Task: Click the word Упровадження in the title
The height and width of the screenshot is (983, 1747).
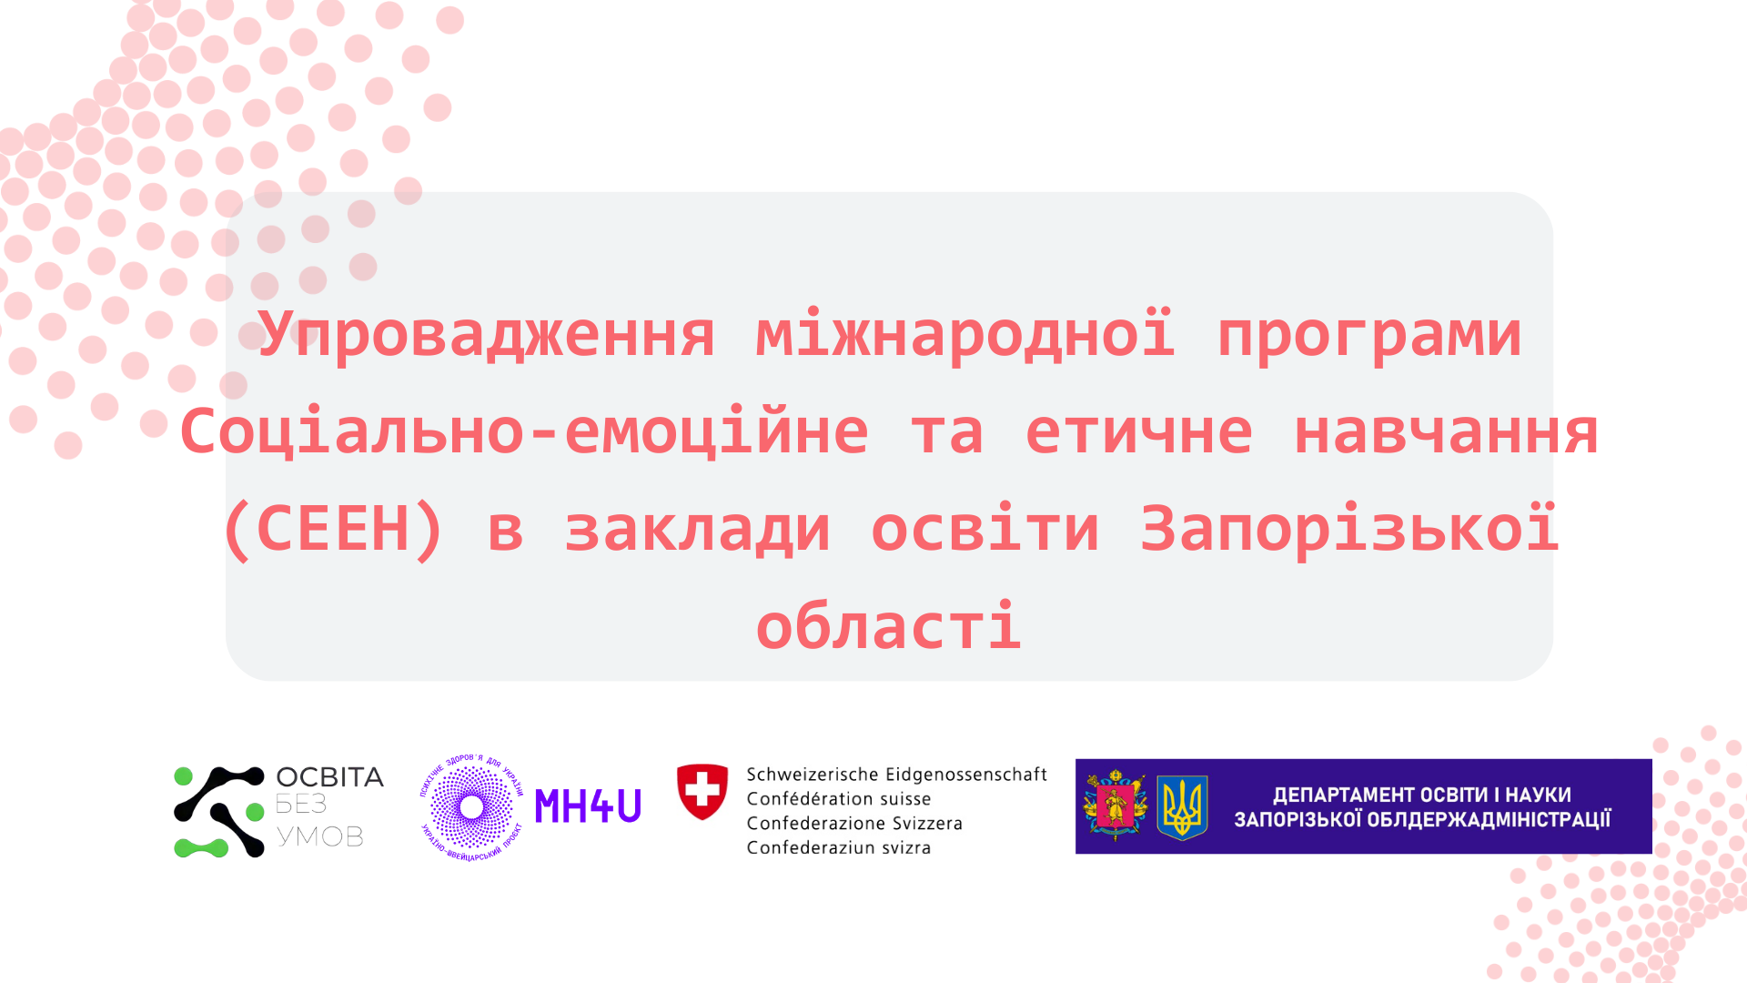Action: coord(487,335)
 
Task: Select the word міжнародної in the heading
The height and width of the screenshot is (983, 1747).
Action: coord(965,335)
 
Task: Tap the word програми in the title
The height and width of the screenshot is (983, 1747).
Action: coord(1369,335)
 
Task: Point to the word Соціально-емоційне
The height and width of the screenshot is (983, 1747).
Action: coord(524,432)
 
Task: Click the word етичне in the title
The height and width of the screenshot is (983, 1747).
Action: coord(1139,432)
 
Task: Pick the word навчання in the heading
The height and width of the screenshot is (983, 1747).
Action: coord(1446,432)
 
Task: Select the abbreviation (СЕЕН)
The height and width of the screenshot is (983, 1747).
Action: coord(333,529)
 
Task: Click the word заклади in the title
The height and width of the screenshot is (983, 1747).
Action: coord(698,529)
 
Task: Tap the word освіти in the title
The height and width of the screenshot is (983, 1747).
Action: coord(985,529)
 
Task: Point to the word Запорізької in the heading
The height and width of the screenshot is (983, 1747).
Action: coord(1349,529)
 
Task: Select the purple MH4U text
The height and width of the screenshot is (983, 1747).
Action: coord(588,806)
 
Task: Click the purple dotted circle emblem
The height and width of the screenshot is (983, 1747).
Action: coord(471,806)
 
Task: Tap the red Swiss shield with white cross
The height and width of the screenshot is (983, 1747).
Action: coord(702,791)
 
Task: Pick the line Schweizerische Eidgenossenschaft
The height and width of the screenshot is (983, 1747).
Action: coord(896,775)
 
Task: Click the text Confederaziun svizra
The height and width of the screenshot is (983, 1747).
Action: coord(838,847)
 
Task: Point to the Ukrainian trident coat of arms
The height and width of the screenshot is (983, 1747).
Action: coord(1182,806)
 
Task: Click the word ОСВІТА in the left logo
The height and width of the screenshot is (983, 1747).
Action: coord(329,777)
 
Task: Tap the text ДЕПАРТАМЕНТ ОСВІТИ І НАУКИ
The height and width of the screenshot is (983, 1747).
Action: coord(1421,795)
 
